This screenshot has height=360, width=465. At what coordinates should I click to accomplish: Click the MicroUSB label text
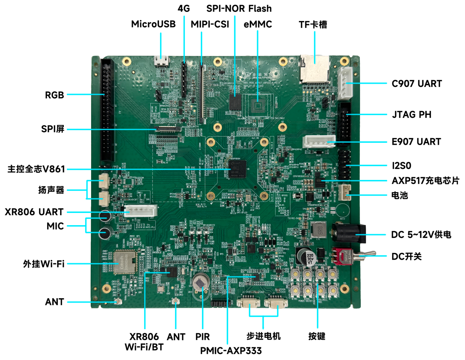153,24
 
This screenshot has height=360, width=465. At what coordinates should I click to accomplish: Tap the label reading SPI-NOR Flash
239,8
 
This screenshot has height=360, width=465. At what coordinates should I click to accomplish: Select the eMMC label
258,24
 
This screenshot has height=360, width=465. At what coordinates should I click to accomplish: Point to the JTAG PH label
409,115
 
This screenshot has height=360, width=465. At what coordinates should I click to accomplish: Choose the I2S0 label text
402,165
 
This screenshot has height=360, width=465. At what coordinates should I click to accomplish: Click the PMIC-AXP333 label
231,350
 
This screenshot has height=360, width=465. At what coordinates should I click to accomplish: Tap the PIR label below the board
203,337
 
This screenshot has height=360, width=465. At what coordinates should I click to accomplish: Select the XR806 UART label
34,212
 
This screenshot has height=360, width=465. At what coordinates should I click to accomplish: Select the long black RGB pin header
107,111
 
